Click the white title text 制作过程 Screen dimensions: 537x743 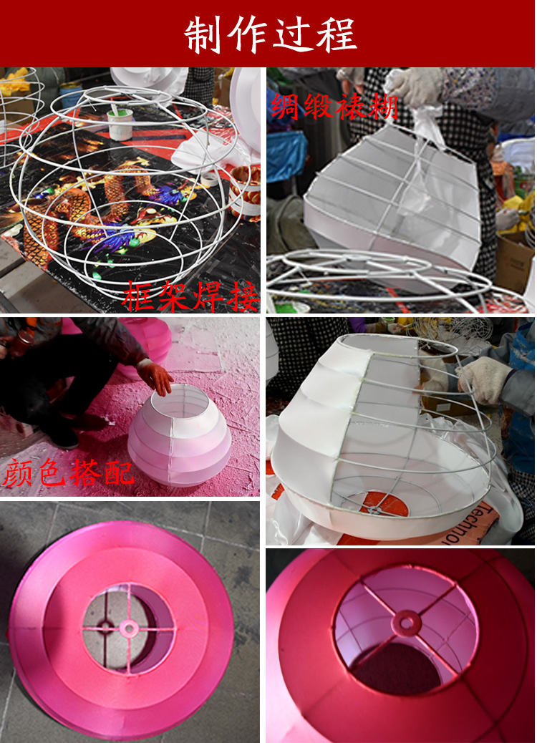tap(270, 34)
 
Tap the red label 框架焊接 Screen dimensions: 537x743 tap(190, 296)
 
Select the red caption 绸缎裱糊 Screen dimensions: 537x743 tap(334, 107)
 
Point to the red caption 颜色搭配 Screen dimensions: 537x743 tap(68, 472)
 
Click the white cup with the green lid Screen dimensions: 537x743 tap(120, 124)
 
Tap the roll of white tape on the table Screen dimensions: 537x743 tap(209, 179)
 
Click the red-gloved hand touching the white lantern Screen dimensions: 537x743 tap(155, 377)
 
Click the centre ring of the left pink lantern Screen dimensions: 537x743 tap(128, 628)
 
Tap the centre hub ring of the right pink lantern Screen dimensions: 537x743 tap(406, 623)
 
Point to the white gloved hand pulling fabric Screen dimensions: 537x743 tap(411, 87)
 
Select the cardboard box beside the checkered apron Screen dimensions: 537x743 tap(514, 261)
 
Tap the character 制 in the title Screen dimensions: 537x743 tap(202, 35)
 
